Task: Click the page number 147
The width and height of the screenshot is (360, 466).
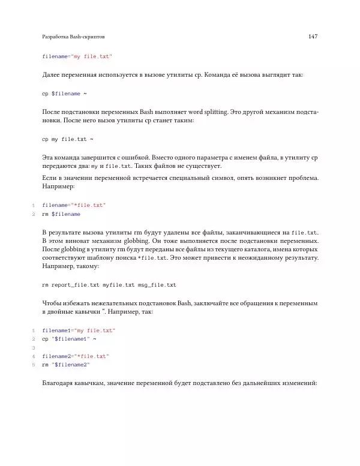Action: pyautogui.click(x=312, y=37)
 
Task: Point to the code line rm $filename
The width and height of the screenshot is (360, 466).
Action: pyautogui.click(x=61, y=214)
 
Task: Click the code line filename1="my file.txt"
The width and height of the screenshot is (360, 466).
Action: pyautogui.click(x=79, y=330)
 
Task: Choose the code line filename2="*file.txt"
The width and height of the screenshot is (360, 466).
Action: pyautogui.click(x=76, y=356)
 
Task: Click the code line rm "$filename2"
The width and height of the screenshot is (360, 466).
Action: pyautogui.click(x=66, y=365)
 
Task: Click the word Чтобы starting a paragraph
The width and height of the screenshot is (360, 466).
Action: pyautogui.click(x=52, y=303)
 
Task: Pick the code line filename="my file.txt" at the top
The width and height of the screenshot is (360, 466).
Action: pyautogui.click(x=77, y=56)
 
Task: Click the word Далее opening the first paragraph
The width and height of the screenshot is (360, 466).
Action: pyautogui.click(x=52, y=76)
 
